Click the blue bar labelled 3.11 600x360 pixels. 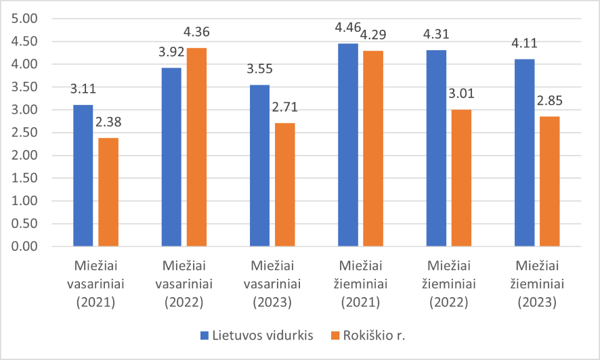click(83, 175)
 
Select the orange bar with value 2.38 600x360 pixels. click(108, 192)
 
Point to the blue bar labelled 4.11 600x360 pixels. click(524, 153)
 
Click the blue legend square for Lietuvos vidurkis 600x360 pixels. click(205, 335)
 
